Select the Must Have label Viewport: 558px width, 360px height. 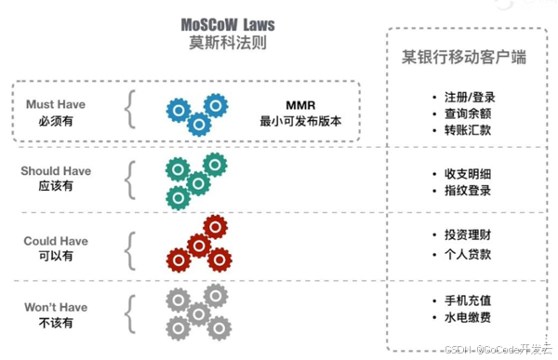(56, 105)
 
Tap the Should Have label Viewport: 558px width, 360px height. (56, 171)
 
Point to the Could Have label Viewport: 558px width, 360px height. (56, 241)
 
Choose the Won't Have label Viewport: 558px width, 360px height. (56, 307)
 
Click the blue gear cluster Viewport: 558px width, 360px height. (198, 112)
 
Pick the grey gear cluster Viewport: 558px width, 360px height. (197, 312)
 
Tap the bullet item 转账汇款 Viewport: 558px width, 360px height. (465, 130)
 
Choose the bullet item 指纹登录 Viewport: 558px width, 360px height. (465, 191)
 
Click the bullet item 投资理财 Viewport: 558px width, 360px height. (465, 234)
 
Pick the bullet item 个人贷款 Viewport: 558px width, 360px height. (465, 254)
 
